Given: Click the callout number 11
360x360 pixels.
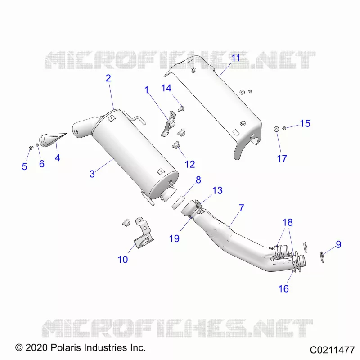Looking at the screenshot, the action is tap(235, 58).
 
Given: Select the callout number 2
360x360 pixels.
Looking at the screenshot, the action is tap(108, 78).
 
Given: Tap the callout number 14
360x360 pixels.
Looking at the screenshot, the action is tap(166, 88).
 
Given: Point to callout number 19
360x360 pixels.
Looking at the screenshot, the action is tap(174, 238).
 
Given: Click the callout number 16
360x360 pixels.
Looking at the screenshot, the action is tap(283, 289).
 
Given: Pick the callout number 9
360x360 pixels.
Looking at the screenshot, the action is tap(338, 244).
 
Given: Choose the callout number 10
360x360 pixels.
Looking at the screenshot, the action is tap(122, 260).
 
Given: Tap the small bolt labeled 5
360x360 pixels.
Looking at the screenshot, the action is tap(31, 148).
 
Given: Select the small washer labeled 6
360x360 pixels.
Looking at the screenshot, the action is tap(37, 144).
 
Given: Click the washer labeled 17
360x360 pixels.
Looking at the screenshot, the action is tap(276, 129).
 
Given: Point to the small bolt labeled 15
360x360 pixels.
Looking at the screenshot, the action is tap(284, 128).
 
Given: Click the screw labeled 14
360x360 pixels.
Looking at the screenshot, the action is tap(181, 108).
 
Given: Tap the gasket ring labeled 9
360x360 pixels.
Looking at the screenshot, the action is tap(322, 257).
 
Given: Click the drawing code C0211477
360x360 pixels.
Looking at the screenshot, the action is tap(332, 350).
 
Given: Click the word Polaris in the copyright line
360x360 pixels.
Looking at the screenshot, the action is tap(66, 347).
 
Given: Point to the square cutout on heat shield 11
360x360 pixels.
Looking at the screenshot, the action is tap(236, 133).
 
